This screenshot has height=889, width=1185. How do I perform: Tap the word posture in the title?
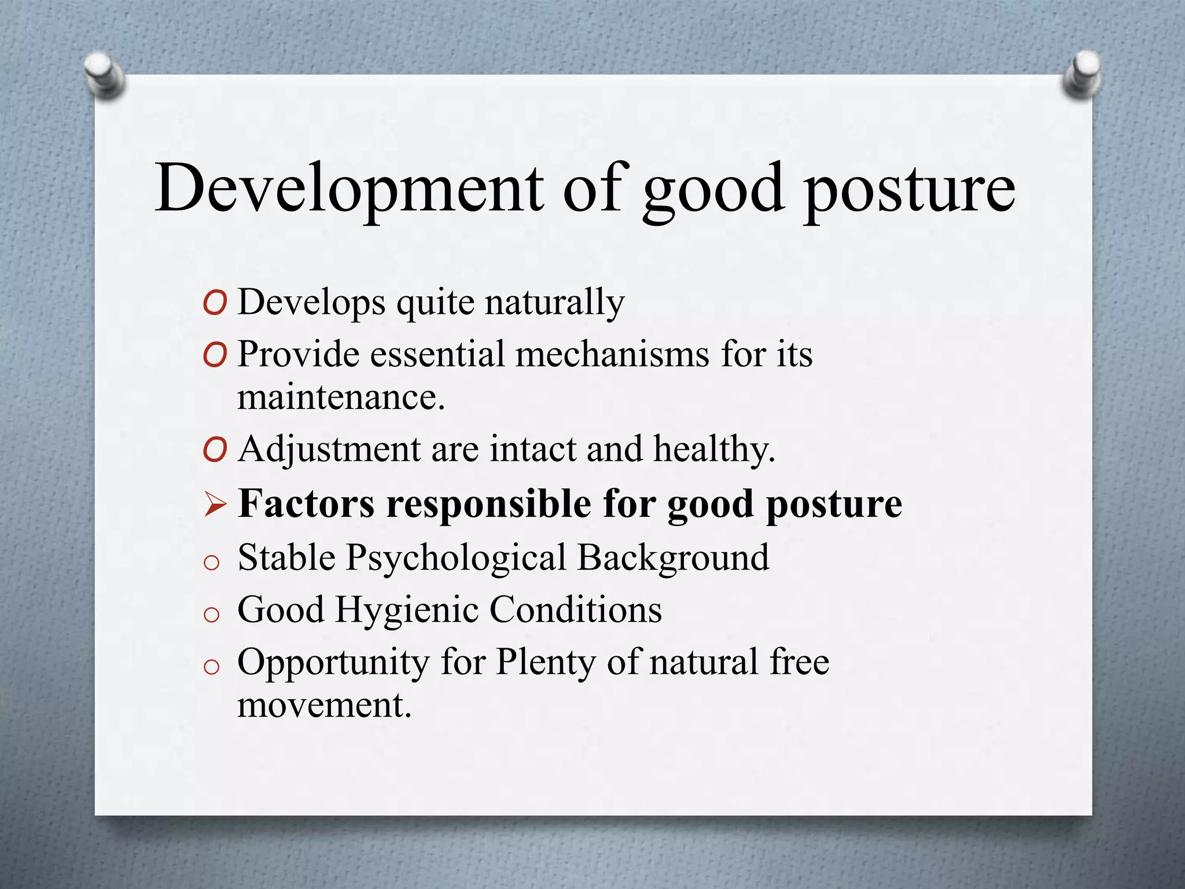910,191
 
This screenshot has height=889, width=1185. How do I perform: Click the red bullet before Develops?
215,303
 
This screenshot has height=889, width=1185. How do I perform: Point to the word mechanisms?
612,354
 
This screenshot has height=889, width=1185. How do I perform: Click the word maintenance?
341,398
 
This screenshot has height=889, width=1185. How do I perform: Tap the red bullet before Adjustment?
215,450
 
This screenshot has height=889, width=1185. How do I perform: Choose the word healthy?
714,450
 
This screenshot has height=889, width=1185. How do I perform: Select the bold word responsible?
489,504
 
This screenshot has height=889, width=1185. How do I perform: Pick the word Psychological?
456,559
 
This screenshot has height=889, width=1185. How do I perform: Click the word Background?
674,558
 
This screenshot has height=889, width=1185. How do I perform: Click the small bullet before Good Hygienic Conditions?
212,615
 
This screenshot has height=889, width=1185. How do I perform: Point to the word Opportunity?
333,663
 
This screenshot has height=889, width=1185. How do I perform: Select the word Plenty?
546,663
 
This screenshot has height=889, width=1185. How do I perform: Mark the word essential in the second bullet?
437,354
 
